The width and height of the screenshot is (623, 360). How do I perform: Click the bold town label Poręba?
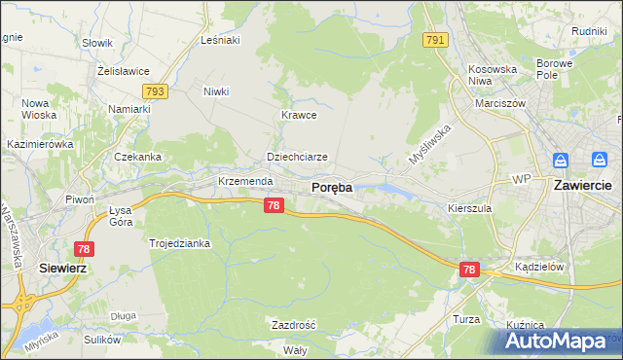pos(331,187)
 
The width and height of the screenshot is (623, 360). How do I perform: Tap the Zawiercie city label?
pos(581,185)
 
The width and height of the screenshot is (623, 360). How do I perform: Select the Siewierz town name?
pos(64,267)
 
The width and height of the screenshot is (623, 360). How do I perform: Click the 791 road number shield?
pos(435,40)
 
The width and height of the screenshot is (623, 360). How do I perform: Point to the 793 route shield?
pos(155,91)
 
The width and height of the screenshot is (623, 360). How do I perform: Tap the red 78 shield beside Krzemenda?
pos(274,205)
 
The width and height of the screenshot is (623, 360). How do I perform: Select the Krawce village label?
pos(299,114)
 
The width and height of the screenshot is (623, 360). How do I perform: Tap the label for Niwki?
pos(216,92)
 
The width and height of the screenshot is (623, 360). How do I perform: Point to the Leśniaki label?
pos(219,40)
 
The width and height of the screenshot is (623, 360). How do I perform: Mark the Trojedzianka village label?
pos(179,243)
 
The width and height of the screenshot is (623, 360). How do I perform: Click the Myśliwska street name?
pos(429,144)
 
